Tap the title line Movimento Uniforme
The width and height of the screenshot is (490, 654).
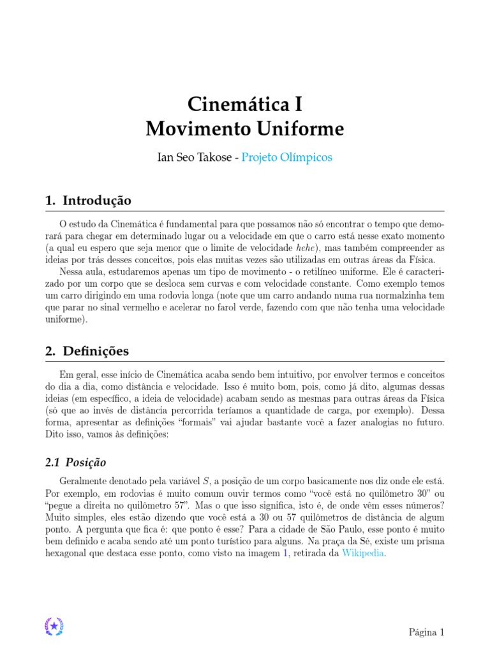pos(245,130)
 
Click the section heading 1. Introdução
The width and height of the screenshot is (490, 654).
pos(88,201)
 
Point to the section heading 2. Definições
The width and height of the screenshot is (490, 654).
pos(87,351)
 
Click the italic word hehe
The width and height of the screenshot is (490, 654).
pos(305,248)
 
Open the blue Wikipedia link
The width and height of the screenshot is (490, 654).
pos(363,553)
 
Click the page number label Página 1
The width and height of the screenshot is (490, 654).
pos(426,632)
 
